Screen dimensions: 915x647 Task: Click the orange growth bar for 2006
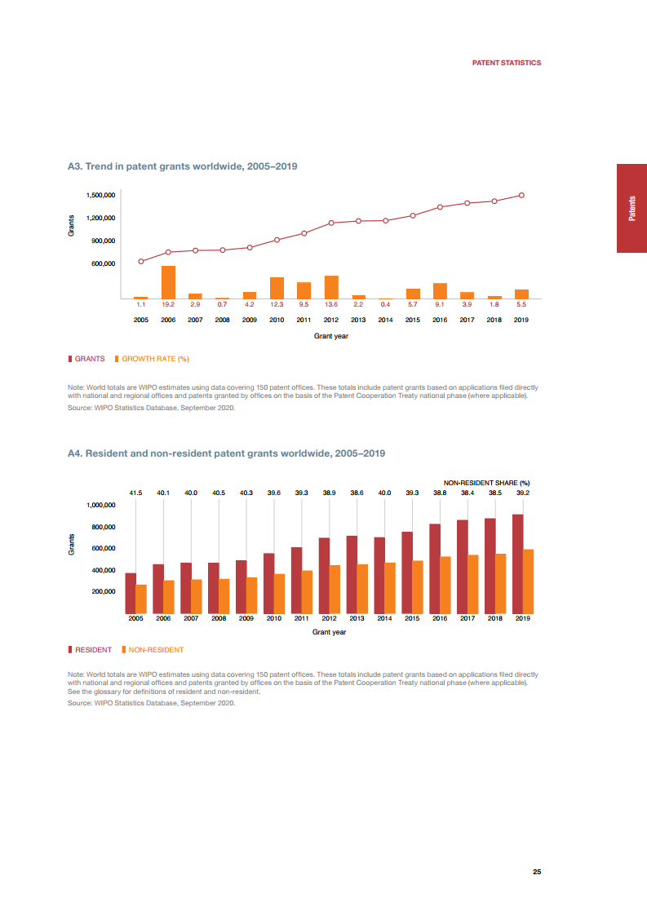168,282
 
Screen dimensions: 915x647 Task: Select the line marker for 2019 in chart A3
521,196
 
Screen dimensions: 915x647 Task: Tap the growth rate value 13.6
331,304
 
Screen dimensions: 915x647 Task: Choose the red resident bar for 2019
518,564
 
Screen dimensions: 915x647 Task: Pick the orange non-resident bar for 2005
141,599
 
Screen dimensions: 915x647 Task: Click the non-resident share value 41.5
136,493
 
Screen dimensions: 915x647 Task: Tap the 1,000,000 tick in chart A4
101,506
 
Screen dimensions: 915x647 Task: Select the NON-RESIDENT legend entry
156,650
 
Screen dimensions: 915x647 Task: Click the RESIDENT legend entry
93,650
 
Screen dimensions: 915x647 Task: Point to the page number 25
537,872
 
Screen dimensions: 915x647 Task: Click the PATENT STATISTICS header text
507,63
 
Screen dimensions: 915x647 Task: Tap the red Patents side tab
631,208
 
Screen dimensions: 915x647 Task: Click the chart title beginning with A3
182,166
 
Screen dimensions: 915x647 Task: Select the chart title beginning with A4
226,453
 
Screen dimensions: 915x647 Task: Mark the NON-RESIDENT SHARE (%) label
492,483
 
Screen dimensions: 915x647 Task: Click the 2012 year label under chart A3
331,320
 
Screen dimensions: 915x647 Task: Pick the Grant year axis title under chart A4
330,632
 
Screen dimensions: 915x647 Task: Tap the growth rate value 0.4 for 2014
385,304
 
